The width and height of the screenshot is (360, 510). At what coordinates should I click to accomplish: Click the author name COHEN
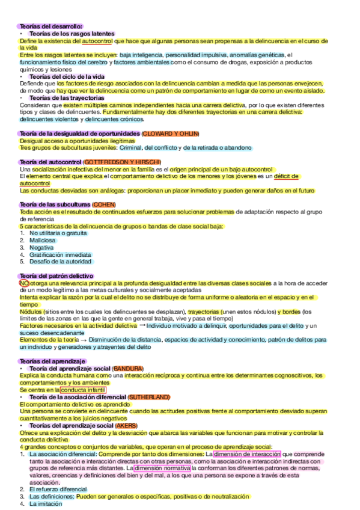104,204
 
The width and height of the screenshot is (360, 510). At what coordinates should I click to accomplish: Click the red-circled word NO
24,283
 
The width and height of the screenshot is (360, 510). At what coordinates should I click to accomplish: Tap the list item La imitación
46,504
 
